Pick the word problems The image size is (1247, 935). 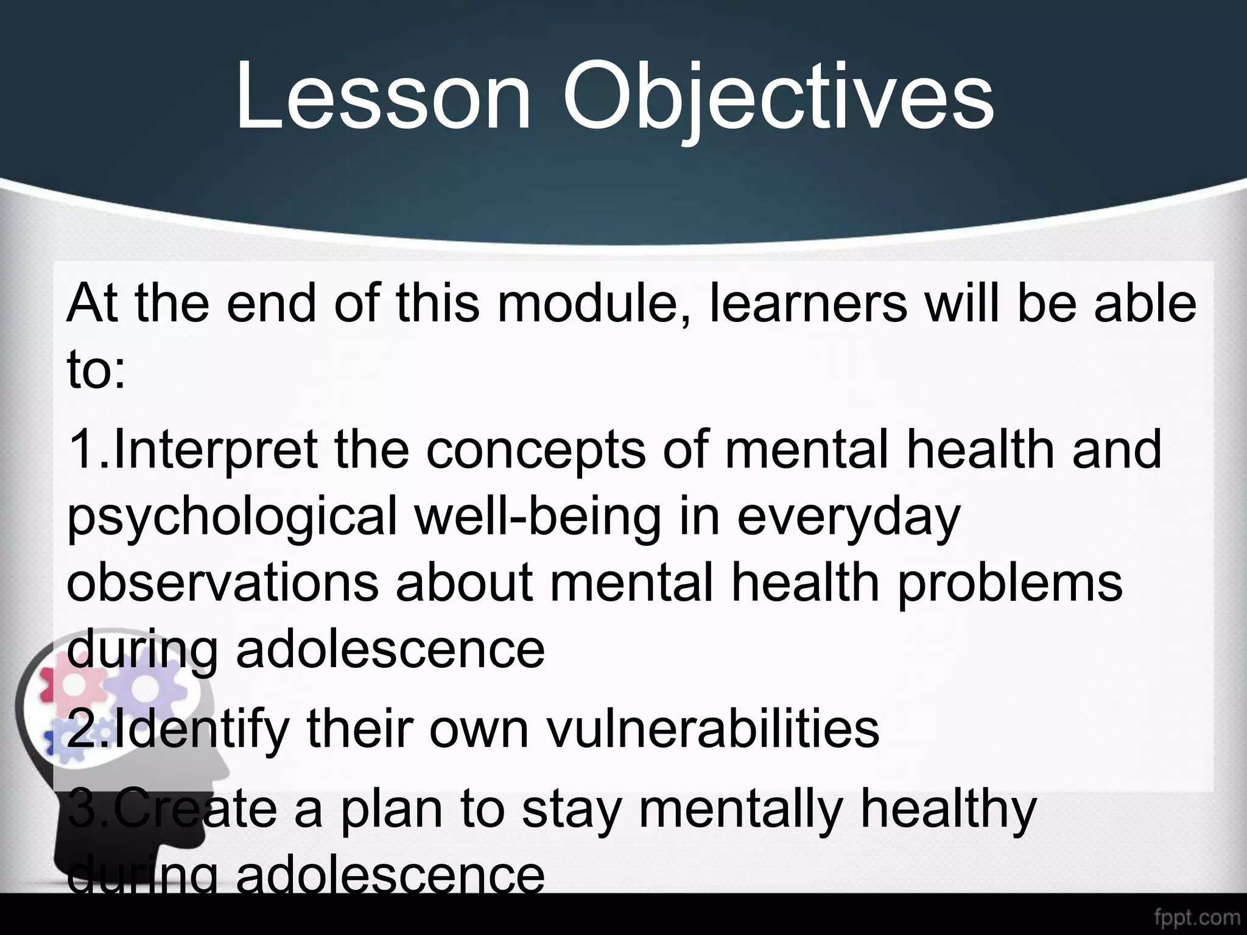[x=1010, y=583]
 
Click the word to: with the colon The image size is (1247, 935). [x=96, y=371]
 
